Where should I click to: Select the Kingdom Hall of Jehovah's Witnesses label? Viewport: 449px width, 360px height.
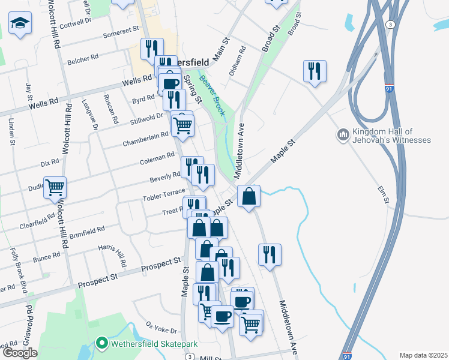pos(393,136)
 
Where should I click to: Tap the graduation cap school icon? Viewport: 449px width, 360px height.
pos(20,23)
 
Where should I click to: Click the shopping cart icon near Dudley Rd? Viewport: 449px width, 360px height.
pos(55,187)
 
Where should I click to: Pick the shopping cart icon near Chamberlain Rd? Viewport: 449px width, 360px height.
pos(182,125)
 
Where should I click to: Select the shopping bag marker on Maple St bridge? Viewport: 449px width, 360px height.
pos(248,196)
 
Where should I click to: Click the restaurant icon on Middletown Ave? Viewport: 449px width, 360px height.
pos(270,254)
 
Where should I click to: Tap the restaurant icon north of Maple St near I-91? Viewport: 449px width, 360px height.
pos(314,71)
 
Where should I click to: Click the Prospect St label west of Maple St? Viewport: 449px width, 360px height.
pos(161,263)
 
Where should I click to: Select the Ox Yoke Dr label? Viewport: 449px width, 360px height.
pos(161,328)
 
